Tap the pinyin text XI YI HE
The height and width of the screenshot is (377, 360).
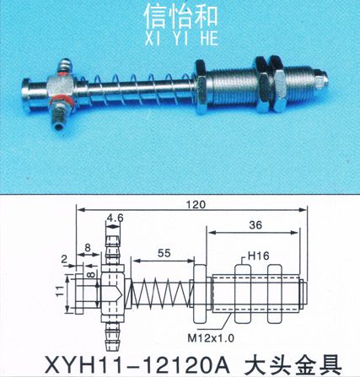(181, 38)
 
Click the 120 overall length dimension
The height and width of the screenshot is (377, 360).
(196, 204)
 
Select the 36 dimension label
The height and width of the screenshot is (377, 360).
(255, 225)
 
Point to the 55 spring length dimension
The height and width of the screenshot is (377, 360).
(164, 253)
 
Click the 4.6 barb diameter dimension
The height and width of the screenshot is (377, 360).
(116, 218)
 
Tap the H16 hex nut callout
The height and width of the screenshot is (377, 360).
(258, 256)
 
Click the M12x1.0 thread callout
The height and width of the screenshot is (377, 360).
(211, 338)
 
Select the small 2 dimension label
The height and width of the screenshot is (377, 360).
(64, 259)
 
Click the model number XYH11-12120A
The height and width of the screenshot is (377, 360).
(137, 364)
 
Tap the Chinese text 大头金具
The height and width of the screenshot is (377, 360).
(293, 364)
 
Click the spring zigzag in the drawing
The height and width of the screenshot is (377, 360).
(160, 294)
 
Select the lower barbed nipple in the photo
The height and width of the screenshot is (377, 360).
(58, 116)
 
